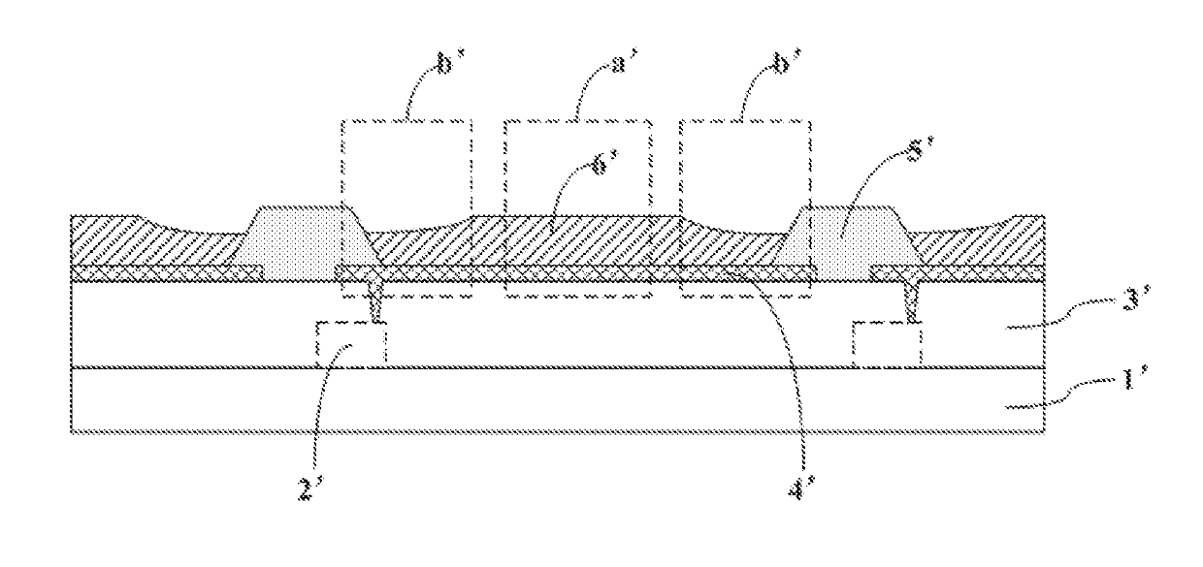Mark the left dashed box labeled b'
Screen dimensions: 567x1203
point(407,165)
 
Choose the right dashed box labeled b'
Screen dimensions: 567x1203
point(744,165)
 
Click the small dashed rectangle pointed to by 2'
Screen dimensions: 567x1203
point(351,344)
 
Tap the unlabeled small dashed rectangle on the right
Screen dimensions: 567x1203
point(886,344)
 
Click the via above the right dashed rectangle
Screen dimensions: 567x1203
point(912,300)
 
